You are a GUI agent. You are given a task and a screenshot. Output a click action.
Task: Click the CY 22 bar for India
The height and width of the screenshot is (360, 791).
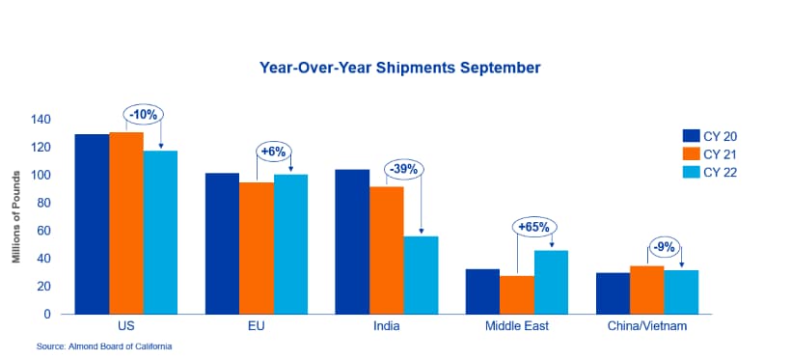[x=422, y=275]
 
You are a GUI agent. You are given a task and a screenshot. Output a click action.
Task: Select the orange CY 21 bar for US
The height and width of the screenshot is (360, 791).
[x=126, y=223]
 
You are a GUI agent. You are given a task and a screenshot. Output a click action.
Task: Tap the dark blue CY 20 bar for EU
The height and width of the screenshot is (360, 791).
[x=223, y=243]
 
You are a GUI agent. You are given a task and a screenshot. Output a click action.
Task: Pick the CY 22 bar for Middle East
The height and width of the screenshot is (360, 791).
[x=552, y=282]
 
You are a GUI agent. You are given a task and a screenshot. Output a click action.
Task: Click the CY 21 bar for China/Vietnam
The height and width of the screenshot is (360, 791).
[x=647, y=290]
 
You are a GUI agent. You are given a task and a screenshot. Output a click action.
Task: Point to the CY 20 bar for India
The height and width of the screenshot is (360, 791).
[x=353, y=242]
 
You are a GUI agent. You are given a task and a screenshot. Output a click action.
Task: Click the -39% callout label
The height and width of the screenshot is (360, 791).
[x=404, y=170]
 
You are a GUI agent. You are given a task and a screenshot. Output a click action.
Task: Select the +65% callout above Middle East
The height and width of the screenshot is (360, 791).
[x=534, y=227]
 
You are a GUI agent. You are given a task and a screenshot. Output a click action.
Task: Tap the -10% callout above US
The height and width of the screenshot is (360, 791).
[x=144, y=115]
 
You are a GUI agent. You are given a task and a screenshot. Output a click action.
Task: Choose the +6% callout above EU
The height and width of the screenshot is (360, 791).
[x=274, y=151]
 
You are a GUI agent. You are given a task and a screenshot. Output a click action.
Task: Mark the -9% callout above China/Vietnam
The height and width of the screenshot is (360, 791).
[x=665, y=248]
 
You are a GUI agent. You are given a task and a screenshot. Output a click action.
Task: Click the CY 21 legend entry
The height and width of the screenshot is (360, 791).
[x=710, y=154]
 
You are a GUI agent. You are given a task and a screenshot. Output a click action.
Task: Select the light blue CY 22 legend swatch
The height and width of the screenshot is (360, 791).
[x=691, y=172]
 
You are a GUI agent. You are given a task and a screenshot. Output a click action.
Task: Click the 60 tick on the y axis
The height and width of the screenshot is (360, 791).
[x=44, y=231]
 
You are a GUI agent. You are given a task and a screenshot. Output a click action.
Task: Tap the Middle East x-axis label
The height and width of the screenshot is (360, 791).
[x=517, y=326]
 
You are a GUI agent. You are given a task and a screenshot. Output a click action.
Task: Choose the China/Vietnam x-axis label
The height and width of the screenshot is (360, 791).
[x=647, y=326]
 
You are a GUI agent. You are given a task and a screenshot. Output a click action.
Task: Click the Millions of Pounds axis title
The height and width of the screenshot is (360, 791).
[x=16, y=216]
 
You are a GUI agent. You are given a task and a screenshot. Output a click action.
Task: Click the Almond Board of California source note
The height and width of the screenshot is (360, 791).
[x=104, y=346]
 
